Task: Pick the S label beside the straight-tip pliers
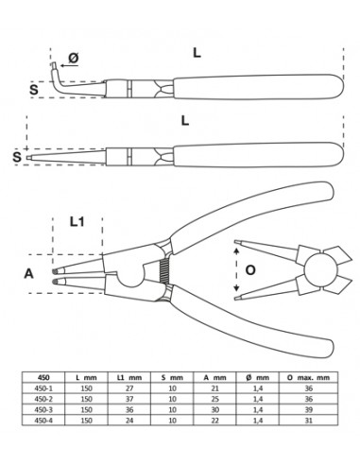pos(17,154)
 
